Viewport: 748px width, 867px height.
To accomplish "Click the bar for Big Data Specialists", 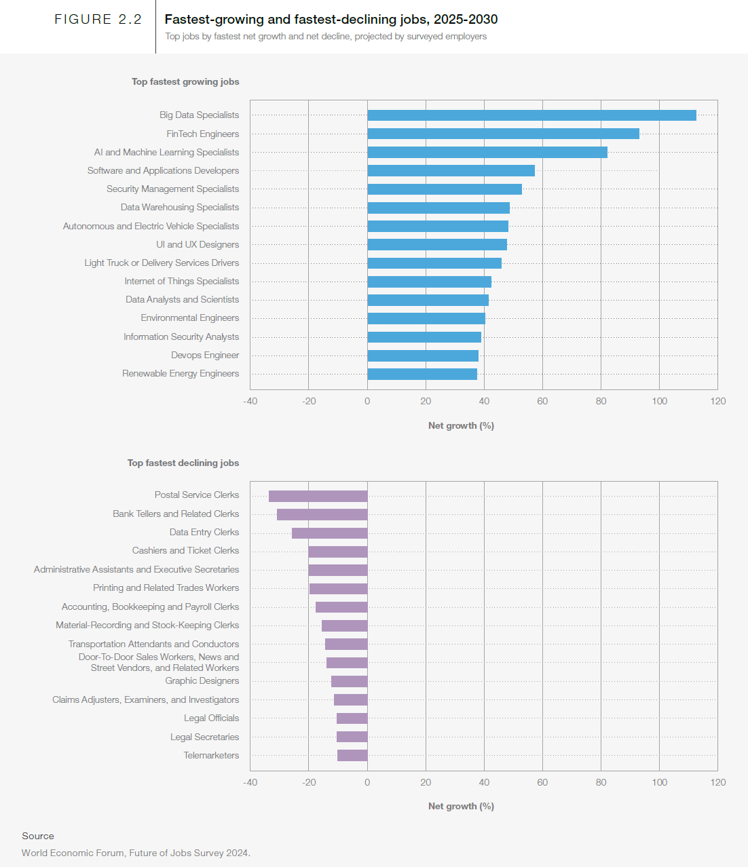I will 531,115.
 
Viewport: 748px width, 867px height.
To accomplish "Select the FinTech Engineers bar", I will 503,134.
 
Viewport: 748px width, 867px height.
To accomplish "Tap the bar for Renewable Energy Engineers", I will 422,374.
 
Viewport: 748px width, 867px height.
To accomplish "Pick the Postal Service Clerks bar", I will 318,496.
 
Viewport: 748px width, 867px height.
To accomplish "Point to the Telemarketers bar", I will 352,755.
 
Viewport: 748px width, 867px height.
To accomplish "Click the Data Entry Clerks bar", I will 329,533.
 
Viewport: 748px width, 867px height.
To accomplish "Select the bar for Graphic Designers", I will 349,681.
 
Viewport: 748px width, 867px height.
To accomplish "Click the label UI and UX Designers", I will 198,244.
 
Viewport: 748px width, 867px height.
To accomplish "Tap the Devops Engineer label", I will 205,355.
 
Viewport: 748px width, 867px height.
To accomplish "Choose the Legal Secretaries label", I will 204,737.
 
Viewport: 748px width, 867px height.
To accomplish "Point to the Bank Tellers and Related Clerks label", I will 176,514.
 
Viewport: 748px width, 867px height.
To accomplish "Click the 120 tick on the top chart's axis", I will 717,401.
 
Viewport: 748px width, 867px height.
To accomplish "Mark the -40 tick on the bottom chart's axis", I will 250,782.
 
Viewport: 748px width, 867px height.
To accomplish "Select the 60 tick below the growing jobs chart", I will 542,401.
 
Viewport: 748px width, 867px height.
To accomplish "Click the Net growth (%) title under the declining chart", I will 461,806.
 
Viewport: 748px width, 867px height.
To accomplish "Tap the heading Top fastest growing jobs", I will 185,81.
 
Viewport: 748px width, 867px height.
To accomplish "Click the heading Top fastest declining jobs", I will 183,463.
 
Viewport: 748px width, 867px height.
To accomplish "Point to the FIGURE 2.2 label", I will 98,20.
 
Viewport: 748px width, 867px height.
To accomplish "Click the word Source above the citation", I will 38,836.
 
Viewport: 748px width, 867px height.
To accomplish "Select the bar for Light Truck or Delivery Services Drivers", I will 434,263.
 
